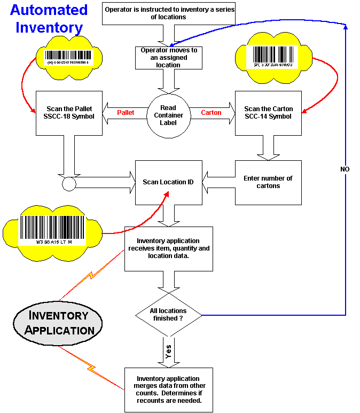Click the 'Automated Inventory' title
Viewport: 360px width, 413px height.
(x=49, y=18)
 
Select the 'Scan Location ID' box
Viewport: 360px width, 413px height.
(x=168, y=182)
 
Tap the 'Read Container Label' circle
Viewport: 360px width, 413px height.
(x=168, y=115)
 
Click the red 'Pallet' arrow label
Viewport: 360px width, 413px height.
(x=126, y=113)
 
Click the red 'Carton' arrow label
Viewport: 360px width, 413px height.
(x=211, y=113)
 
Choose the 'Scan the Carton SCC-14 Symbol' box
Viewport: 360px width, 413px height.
(x=268, y=113)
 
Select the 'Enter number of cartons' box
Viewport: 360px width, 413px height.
(x=268, y=182)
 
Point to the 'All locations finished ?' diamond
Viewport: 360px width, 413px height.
(x=168, y=315)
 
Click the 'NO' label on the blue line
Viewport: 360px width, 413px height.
(x=346, y=169)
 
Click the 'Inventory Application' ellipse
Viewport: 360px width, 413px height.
(x=57, y=323)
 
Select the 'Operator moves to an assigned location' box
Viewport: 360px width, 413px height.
(x=168, y=58)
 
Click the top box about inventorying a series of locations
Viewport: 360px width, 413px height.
(x=168, y=13)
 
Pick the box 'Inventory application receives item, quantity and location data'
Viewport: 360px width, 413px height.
(x=168, y=248)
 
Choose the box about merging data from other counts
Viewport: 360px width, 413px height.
(x=168, y=389)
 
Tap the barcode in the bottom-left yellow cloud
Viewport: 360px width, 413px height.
(x=53, y=229)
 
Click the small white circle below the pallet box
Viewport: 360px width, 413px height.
(x=69, y=184)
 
